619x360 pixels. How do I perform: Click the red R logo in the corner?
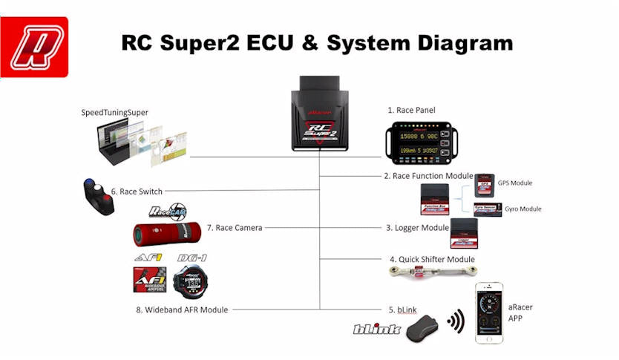point(34,48)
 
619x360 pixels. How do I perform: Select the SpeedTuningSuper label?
point(114,112)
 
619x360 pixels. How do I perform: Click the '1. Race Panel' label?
point(411,111)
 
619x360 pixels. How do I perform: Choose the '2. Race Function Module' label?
point(428,176)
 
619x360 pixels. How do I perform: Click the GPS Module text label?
point(514,183)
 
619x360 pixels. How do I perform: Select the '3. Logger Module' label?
point(417,228)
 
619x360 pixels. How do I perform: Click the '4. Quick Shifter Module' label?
point(432,259)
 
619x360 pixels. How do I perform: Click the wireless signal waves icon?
point(455,321)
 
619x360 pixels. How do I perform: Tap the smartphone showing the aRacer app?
point(489,312)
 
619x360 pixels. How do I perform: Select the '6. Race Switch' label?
point(137,191)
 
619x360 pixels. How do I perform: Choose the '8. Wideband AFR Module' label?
point(182,310)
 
